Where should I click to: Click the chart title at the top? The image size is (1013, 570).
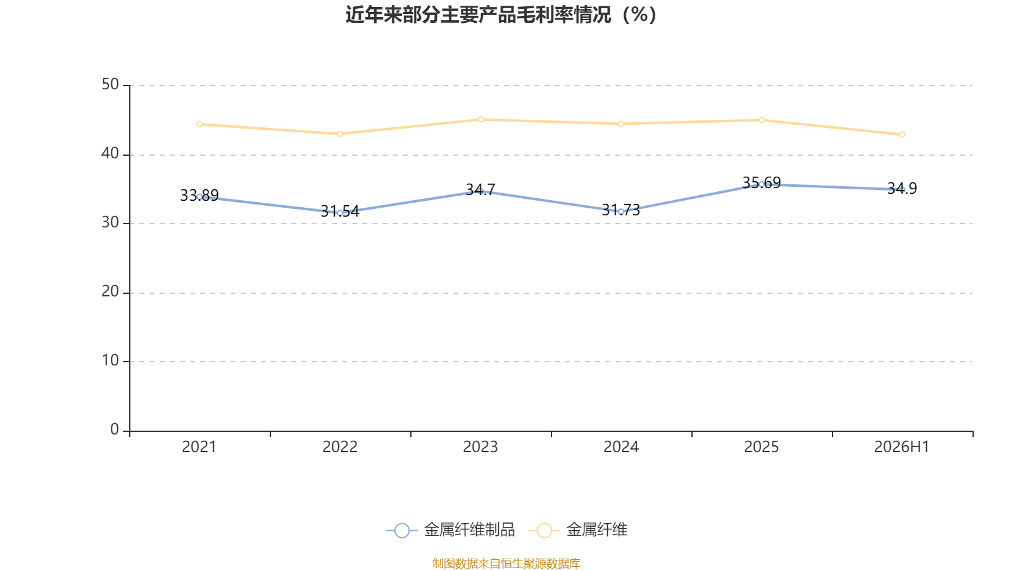coord(501,15)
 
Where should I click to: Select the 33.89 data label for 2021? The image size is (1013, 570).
coord(199,196)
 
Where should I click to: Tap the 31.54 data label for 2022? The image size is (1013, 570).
coord(340,212)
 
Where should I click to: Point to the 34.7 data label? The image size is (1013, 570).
coord(481,189)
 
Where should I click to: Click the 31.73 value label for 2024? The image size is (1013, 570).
coord(621,210)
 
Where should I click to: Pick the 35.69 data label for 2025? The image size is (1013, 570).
coord(762,183)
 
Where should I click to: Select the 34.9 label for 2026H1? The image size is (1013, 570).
coord(902,188)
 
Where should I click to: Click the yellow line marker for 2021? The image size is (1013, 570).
coord(199,124)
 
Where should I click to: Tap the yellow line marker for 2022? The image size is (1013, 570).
coord(340,134)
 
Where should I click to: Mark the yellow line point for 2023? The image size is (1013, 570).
coord(481,120)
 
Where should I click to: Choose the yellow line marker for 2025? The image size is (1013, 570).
coord(762,120)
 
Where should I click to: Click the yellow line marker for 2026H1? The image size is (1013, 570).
coord(902,135)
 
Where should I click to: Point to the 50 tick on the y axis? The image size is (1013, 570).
coord(110,85)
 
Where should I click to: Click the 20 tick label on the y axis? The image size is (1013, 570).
coord(110,292)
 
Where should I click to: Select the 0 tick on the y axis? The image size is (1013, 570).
coord(115,430)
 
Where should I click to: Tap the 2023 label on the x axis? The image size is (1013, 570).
coord(481,447)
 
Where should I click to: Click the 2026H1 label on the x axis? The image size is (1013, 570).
coord(902,447)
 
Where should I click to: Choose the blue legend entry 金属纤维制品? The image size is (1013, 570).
coord(451,530)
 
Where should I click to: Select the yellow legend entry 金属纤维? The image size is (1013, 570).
coord(578,530)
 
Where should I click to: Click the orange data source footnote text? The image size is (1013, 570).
coord(506,564)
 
